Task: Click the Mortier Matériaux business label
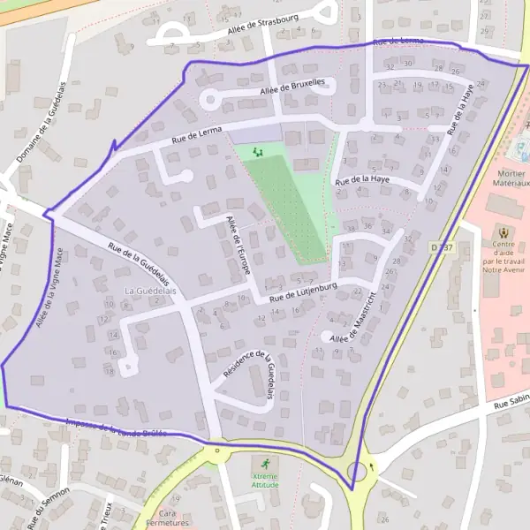[x=511, y=178]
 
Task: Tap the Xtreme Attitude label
[x=264, y=481]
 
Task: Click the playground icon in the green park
[x=258, y=152]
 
